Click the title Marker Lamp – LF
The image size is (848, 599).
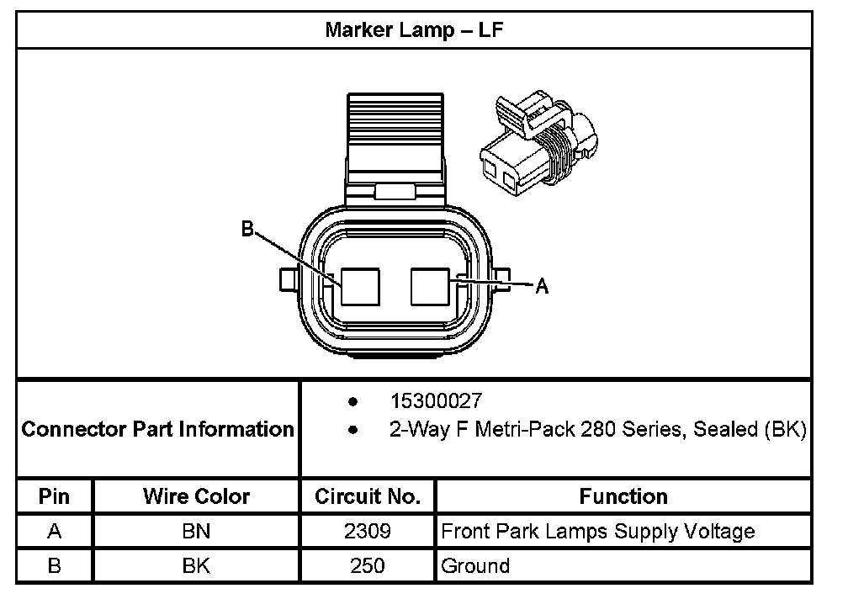(414, 31)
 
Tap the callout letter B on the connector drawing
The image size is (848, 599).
(247, 229)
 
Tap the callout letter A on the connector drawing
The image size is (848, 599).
(543, 287)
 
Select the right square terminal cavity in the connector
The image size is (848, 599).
(431, 287)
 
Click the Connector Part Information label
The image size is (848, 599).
(158, 429)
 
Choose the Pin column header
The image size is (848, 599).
(55, 496)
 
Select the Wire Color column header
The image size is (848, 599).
(197, 496)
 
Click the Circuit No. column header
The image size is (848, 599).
(368, 496)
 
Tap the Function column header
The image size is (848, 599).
(623, 496)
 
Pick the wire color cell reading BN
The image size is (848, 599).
(197, 532)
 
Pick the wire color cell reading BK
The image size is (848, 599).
(197, 565)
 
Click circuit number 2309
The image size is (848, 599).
(368, 532)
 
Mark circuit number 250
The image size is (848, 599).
(368, 565)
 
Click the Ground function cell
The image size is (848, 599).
(476, 565)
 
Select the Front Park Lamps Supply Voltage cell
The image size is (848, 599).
(598, 532)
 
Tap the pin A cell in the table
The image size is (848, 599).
(55, 532)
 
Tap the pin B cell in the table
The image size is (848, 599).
(55, 565)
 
